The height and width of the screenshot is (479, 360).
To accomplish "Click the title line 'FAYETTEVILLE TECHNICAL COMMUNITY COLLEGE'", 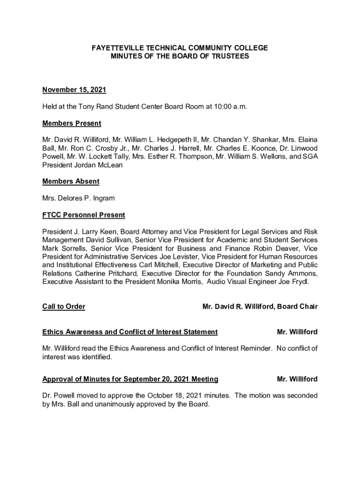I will (x=180, y=48).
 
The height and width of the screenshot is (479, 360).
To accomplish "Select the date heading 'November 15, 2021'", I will (x=71, y=90).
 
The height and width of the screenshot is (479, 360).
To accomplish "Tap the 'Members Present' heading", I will (x=72, y=123).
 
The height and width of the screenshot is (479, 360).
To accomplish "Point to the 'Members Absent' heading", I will (x=71, y=181).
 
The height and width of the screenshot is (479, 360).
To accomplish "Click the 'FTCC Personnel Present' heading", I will (x=84, y=215).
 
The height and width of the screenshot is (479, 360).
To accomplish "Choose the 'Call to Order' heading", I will (x=64, y=306).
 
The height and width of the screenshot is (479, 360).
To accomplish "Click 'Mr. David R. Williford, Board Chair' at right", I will (x=259, y=306).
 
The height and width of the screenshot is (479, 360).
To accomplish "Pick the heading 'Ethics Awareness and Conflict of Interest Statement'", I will (x=130, y=332).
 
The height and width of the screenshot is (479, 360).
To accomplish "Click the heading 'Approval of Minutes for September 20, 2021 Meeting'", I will (x=130, y=378).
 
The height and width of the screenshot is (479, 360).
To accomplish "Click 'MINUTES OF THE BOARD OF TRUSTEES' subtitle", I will (x=180, y=56).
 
